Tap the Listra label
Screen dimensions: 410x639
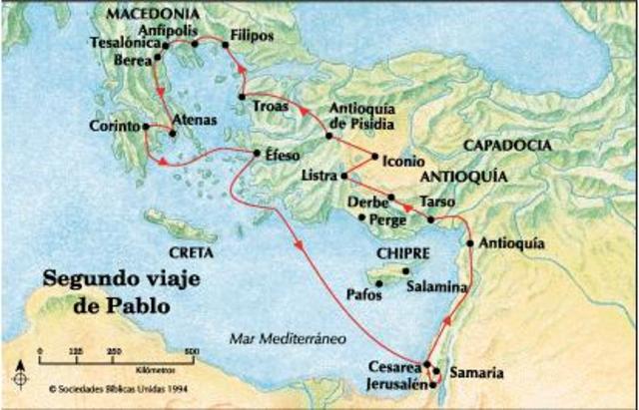(319, 176)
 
